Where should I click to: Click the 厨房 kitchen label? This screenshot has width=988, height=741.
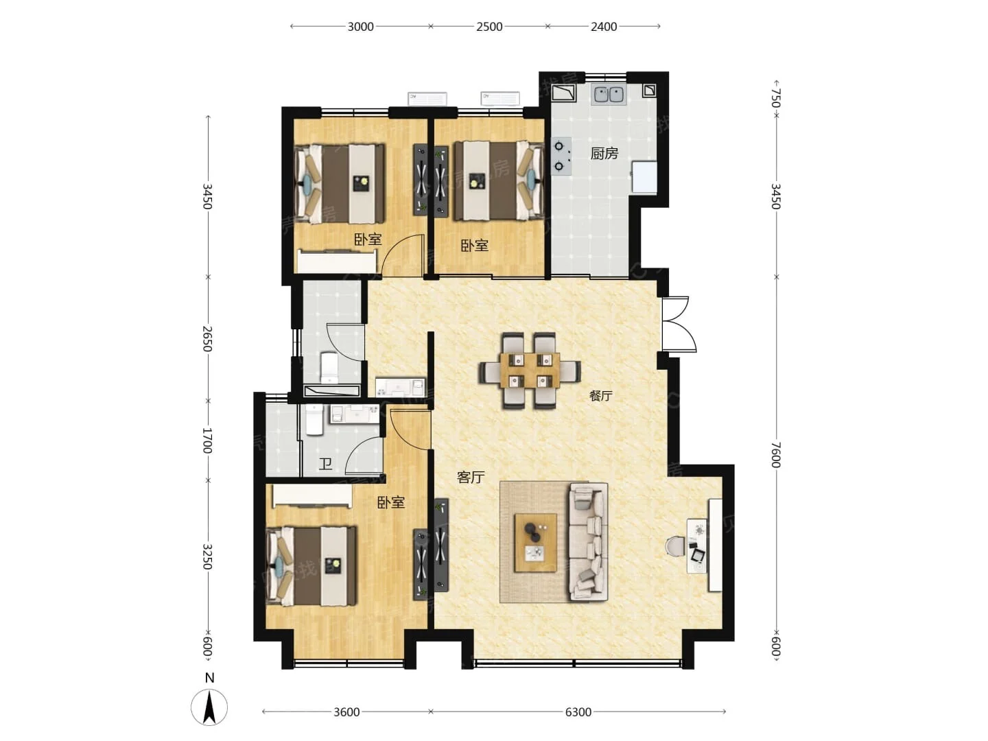pos(604,154)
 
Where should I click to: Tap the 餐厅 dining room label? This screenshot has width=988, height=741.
pos(600,396)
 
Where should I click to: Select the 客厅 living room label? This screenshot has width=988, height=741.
pos(471,477)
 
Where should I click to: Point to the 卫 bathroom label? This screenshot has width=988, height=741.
pos(325,464)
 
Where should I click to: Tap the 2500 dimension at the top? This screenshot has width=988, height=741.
pos(489,27)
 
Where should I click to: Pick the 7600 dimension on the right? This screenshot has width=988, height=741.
pos(775,455)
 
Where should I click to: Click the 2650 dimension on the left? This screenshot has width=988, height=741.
pos(207,338)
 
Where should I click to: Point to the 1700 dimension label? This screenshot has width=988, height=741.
pos(207,440)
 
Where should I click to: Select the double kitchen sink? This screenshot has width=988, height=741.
pos(609,95)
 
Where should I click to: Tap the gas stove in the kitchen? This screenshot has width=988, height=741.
pos(561,156)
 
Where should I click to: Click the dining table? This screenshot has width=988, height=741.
pos(529,370)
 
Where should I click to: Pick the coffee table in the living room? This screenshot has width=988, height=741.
pos(536,543)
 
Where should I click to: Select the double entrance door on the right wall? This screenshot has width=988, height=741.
pos(679,323)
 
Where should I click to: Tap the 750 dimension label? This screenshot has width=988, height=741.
pos(775,98)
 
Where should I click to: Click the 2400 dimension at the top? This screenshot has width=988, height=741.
pos(604,27)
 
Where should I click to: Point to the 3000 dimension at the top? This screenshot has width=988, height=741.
pos(360,27)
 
